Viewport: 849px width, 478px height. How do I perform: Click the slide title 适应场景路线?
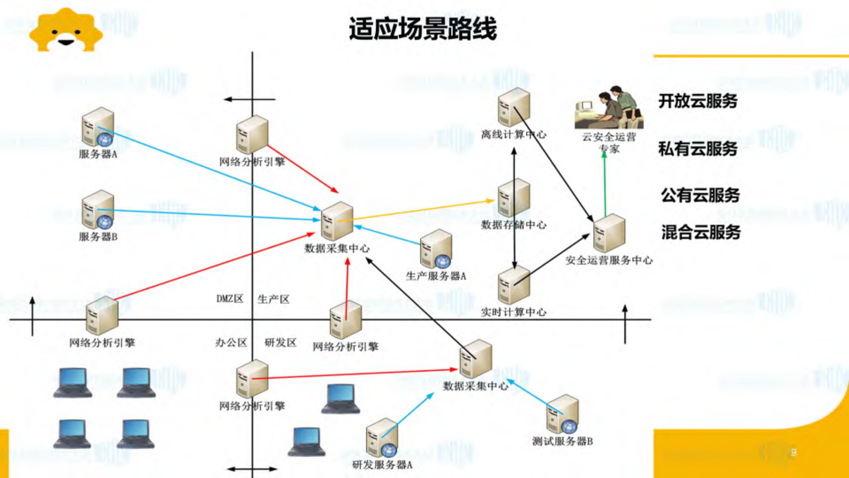pyautogui.click(x=423, y=29)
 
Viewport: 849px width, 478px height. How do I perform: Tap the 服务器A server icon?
pyautogui.click(x=98, y=127)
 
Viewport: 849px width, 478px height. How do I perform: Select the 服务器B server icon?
pyautogui.click(x=98, y=210)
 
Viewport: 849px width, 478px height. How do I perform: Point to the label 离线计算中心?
pyautogui.click(x=513, y=135)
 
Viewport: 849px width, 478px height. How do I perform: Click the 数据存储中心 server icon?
pyautogui.click(x=513, y=198)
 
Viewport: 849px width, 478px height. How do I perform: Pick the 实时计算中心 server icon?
pyautogui.click(x=513, y=285)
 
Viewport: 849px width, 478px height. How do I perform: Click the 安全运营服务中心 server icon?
pyautogui.click(x=609, y=233)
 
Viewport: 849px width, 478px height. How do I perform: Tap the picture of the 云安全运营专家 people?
pyautogui.click(x=609, y=108)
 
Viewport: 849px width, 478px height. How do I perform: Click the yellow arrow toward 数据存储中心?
pyautogui.click(x=416, y=210)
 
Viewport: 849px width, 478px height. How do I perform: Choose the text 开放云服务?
pyautogui.click(x=698, y=101)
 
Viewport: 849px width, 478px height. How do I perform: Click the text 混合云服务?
pyautogui.click(x=701, y=232)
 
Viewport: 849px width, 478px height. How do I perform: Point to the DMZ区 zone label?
pyautogui.click(x=230, y=299)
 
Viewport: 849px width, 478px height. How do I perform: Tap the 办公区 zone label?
pyautogui.click(x=231, y=343)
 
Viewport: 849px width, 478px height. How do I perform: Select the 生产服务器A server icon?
pyautogui.click(x=436, y=249)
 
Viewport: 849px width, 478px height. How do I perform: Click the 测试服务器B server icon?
pyautogui.click(x=562, y=414)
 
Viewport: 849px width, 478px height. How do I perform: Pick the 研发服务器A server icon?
pyautogui.click(x=382, y=438)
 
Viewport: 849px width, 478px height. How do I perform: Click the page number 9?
pyautogui.click(x=794, y=452)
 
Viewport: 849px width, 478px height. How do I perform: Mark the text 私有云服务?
pyautogui.click(x=698, y=149)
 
